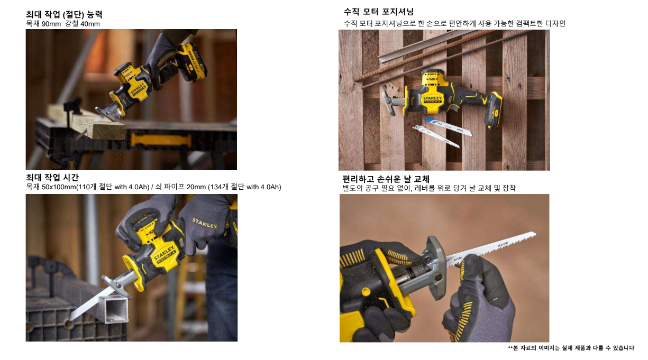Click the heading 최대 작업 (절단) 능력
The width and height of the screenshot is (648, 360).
coord(64,14)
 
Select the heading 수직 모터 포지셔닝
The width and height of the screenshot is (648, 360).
coord(379,12)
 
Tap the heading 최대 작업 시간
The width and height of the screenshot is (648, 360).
coord(52,178)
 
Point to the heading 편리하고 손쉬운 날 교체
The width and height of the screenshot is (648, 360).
coord(386,179)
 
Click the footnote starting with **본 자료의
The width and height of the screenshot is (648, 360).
coord(571,348)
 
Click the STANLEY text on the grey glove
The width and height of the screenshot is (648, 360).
coord(204,223)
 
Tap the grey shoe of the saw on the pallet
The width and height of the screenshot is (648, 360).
coord(390,103)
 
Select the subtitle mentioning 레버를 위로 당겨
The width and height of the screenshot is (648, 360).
coord(429,188)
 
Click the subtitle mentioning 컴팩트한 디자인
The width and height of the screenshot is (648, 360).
coord(454,23)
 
